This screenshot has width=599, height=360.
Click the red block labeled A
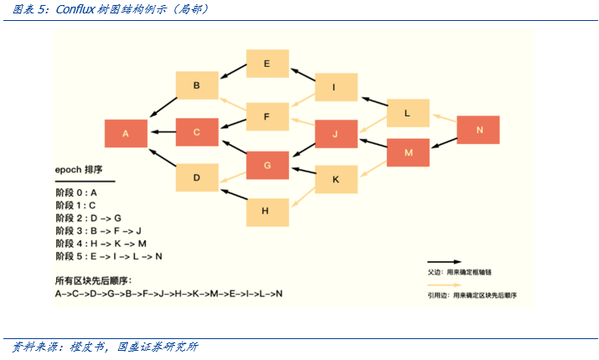point(126,134)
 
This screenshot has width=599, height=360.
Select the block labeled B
point(196,85)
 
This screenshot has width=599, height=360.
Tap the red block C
point(196,132)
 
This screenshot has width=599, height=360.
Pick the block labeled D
point(196,177)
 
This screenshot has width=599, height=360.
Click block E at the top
point(266,64)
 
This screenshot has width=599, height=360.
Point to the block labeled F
point(266,116)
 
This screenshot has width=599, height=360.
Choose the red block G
point(266,165)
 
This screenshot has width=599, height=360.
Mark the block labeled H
point(266,211)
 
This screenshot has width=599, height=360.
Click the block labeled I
point(335,87)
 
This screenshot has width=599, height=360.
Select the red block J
point(335,134)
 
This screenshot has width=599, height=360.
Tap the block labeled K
point(335,179)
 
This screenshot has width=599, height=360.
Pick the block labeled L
point(407,113)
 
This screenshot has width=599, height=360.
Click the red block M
point(407,152)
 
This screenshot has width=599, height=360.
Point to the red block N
point(478,130)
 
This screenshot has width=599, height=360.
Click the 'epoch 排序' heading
point(79,169)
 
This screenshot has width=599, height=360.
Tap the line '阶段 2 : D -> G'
point(89,218)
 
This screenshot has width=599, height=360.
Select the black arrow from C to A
point(162,132)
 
